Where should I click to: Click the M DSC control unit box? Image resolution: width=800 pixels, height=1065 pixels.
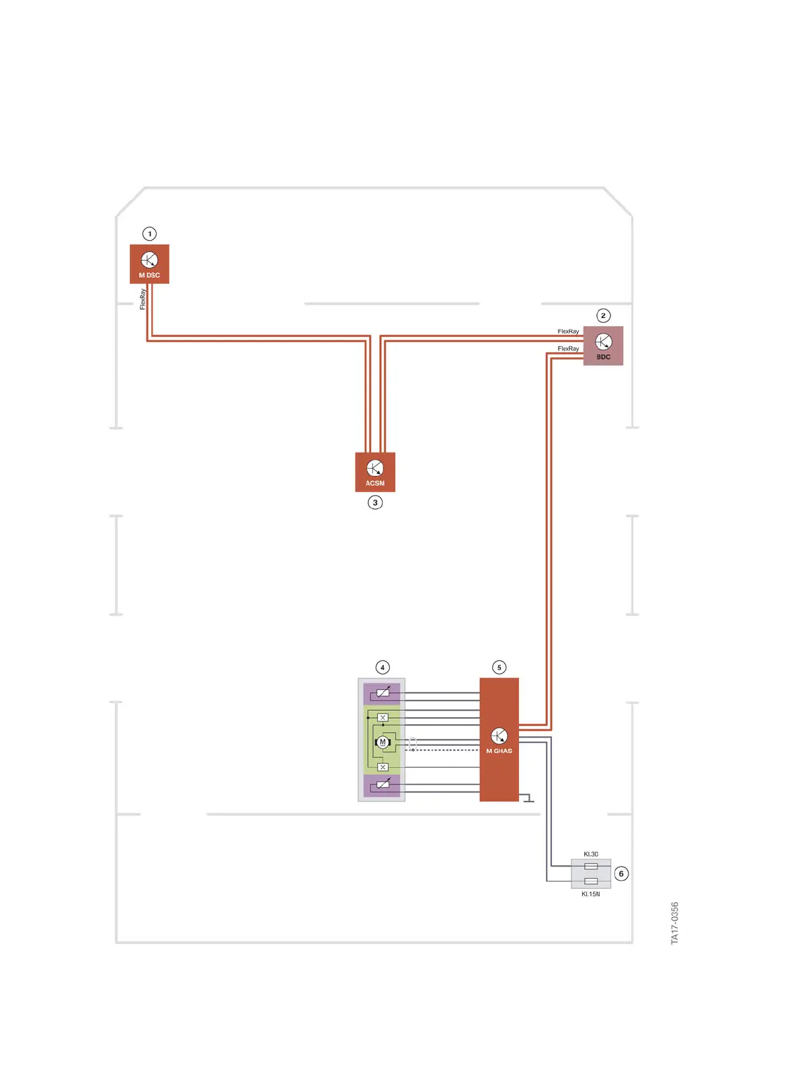[149, 264]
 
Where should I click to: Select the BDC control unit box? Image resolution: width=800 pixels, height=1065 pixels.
[603, 346]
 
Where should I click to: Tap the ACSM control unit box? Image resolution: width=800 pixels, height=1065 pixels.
[375, 472]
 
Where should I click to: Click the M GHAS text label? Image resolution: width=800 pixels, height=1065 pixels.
[499, 751]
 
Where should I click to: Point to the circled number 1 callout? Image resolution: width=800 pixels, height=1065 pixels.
[149, 234]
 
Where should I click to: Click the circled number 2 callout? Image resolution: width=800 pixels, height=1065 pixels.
[603, 315]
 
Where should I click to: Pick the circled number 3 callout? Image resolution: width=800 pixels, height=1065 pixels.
[375, 502]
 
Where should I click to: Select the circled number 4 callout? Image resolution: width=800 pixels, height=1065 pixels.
[383, 667]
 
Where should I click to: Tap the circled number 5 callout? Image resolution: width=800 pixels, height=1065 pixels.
[499, 667]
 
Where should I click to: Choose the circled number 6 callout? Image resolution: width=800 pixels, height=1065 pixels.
[621, 873]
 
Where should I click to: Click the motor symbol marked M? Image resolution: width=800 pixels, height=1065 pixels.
[383, 742]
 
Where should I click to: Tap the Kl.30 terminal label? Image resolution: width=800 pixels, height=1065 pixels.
[591, 854]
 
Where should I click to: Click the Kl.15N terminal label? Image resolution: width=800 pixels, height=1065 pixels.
[591, 894]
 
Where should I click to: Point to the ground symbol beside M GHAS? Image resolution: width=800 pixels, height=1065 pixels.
[528, 799]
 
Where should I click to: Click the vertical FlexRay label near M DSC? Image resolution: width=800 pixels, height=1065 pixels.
[143, 299]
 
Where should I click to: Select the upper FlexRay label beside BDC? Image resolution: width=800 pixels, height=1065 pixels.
[568, 331]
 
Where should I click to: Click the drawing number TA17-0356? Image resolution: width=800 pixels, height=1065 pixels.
[675, 923]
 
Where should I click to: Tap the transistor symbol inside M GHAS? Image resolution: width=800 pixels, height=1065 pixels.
[499, 736]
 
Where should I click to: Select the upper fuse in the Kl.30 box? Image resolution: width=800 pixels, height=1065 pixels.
[591, 866]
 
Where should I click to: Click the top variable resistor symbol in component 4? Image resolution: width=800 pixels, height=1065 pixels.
[383, 693]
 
